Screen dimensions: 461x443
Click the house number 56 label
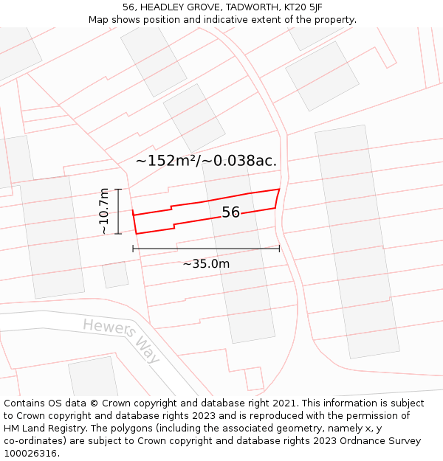[231, 212]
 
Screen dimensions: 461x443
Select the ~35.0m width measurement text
[206, 264]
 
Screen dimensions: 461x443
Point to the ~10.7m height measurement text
[104, 211]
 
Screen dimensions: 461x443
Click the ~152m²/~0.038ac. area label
[207, 161]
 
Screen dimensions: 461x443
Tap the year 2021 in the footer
[283, 403]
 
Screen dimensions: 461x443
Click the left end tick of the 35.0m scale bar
[133, 249]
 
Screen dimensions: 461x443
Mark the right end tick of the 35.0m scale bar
[279, 249]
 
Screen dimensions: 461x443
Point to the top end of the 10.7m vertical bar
[118, 190]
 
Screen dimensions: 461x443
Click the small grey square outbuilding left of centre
[114, 274]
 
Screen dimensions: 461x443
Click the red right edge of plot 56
[278, 198]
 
